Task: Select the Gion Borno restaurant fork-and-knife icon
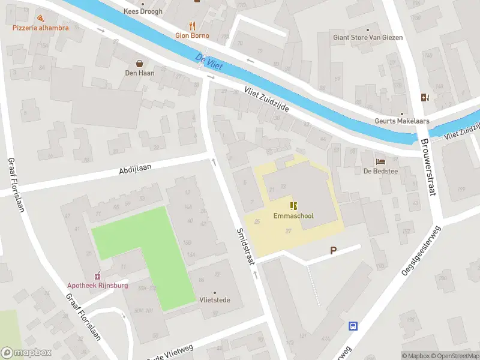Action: tap(192, 26)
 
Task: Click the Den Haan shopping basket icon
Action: tap(140, 64)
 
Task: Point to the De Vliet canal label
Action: tap(209, 61)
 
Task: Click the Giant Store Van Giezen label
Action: tap(368, 37)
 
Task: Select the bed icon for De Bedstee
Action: tap(380, 161)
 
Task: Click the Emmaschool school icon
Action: tap(293, 206)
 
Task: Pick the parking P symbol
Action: tap(332, 251)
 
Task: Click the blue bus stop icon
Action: tap(353, 326)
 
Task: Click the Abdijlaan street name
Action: tap(137, 169)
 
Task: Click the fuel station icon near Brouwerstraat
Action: tap(425, 98)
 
